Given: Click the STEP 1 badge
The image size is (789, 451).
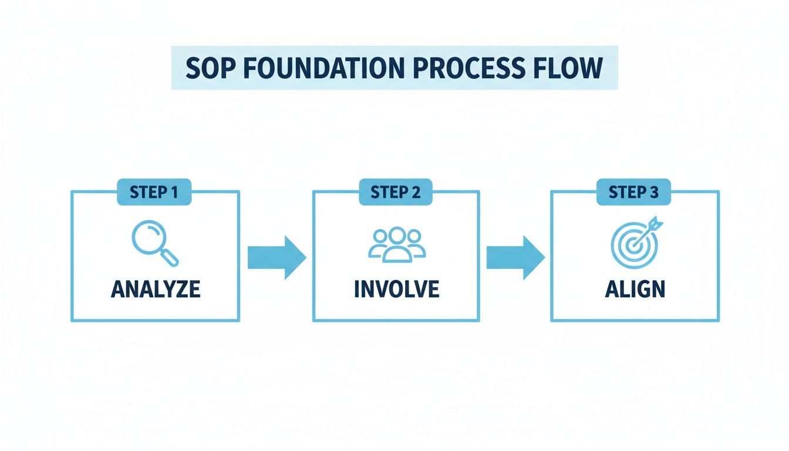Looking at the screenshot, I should point(154,192).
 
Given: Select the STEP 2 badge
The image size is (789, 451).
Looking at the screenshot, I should point(395,192).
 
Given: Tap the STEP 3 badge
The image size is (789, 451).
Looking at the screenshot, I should point(634,192).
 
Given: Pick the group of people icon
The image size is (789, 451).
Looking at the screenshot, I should point(396,244).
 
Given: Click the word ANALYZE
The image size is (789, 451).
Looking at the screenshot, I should point(156,289).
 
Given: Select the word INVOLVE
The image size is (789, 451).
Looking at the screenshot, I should point(396,289).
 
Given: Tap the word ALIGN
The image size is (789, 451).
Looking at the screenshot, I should point(635,289).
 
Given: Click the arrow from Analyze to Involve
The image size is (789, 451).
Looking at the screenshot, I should point(277,257).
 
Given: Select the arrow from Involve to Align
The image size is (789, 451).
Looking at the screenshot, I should point(515,257).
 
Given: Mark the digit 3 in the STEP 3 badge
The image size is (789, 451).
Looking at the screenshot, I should point(654,192).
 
